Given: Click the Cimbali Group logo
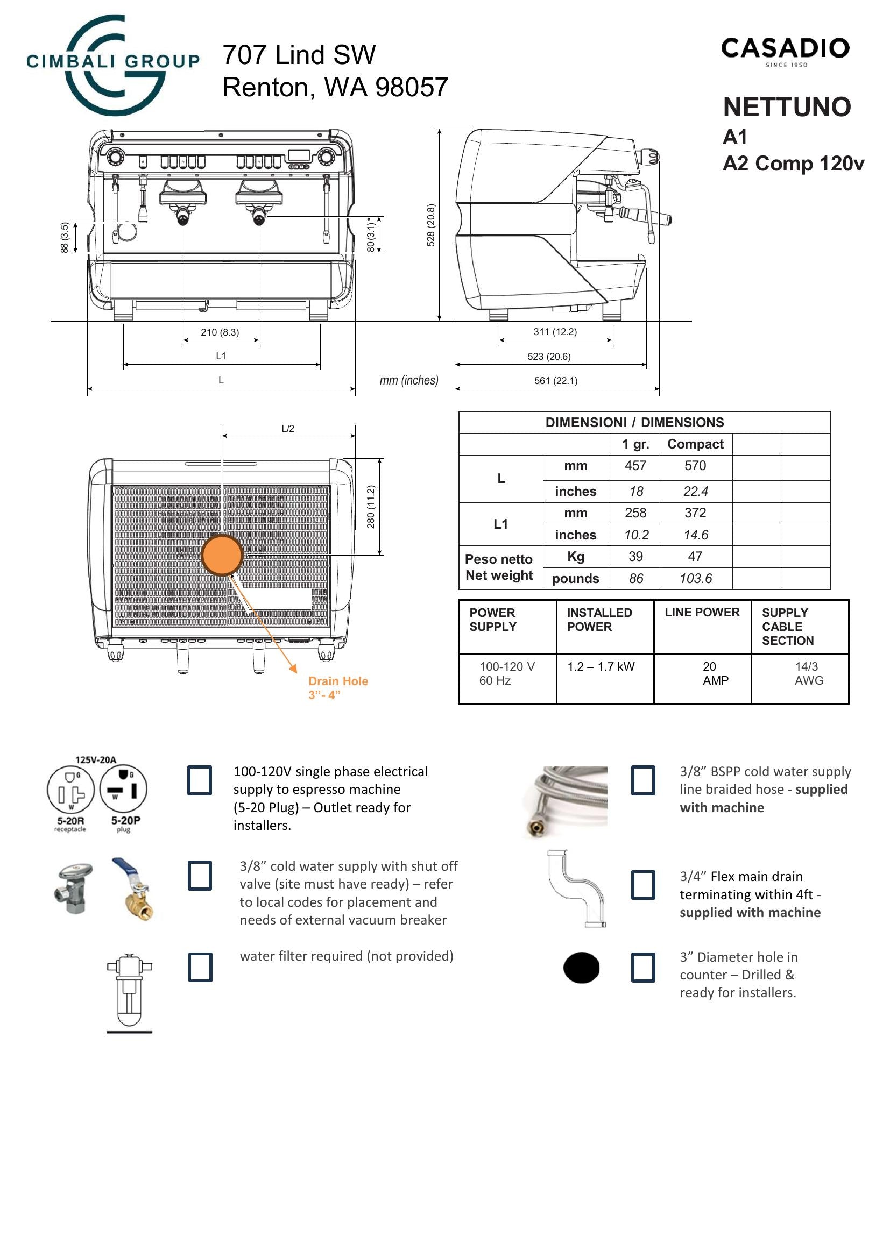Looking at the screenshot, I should [x=112, y=65].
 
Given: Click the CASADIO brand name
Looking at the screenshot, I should [x=785, y=49].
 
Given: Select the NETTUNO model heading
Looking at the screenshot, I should [x=787, y=108].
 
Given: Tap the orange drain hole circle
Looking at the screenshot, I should [x=222, y=555].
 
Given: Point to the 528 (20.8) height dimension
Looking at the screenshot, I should [x=431, y=225].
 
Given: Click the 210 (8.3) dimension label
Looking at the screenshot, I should [x=220, y=332].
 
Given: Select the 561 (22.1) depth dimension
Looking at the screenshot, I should [x=556, y=381].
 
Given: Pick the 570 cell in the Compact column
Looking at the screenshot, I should [x=695, y=466].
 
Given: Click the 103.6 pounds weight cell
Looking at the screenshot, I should [x=695, y=579].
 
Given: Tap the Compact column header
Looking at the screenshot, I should [x=695, y=444].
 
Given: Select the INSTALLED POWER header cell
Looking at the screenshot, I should [x=599, y=620].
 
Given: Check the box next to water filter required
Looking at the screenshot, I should [x=200, y=967].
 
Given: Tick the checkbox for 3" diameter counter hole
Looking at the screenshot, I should [x=643, y=967].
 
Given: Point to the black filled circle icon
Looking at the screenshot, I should [x=582, y=968].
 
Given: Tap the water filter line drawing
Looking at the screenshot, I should [x=129, y=992].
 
